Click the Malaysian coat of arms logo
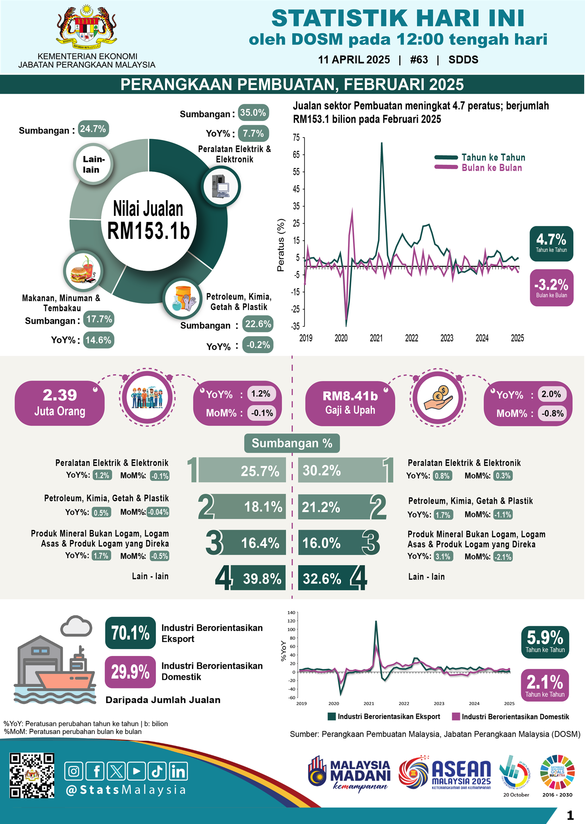pyautogui.click(x=87, y=27)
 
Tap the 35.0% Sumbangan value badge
pyautogui.click(x=253, y=113)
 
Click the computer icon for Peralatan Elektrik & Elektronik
pyautogui.click(x=221, y=186)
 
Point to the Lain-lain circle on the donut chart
pyautogui.click(x=93, y=164)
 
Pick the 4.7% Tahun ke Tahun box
pyautogui.click(x=551, y=243)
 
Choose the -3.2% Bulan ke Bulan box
pyautogui.click(x=551, y=288)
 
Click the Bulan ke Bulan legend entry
pyautogui.click(x=479, y=168)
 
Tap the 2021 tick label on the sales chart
pyautogui.click(x=376, y=338)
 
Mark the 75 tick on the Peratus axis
pyautogui.click(x=296, y=138)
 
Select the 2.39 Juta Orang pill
pyautogui.click(x=60, y=403)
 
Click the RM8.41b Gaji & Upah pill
pyautogui.click(x=350, y=403)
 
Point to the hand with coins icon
pyautogui.click(x=438, y=398)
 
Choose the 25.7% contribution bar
pyautogui.click(x=242, y=470)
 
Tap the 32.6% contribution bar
pyautogui.click(x=325, y=578)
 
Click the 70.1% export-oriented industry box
pyautogui.click(x=130, y=633)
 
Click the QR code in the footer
pyautogui.click(x=32, y=775)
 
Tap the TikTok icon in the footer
pyautogui.click(x=157, y=771)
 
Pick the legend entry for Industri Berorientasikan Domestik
pyautogui.click(x=511, y=717)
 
